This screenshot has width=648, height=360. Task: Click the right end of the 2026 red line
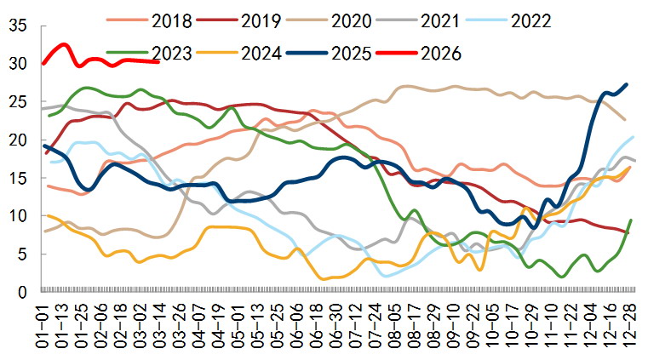coord(159,61)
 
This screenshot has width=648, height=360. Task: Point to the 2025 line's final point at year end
coord(628,84)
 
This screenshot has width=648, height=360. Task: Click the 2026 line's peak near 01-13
coord(63,43)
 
